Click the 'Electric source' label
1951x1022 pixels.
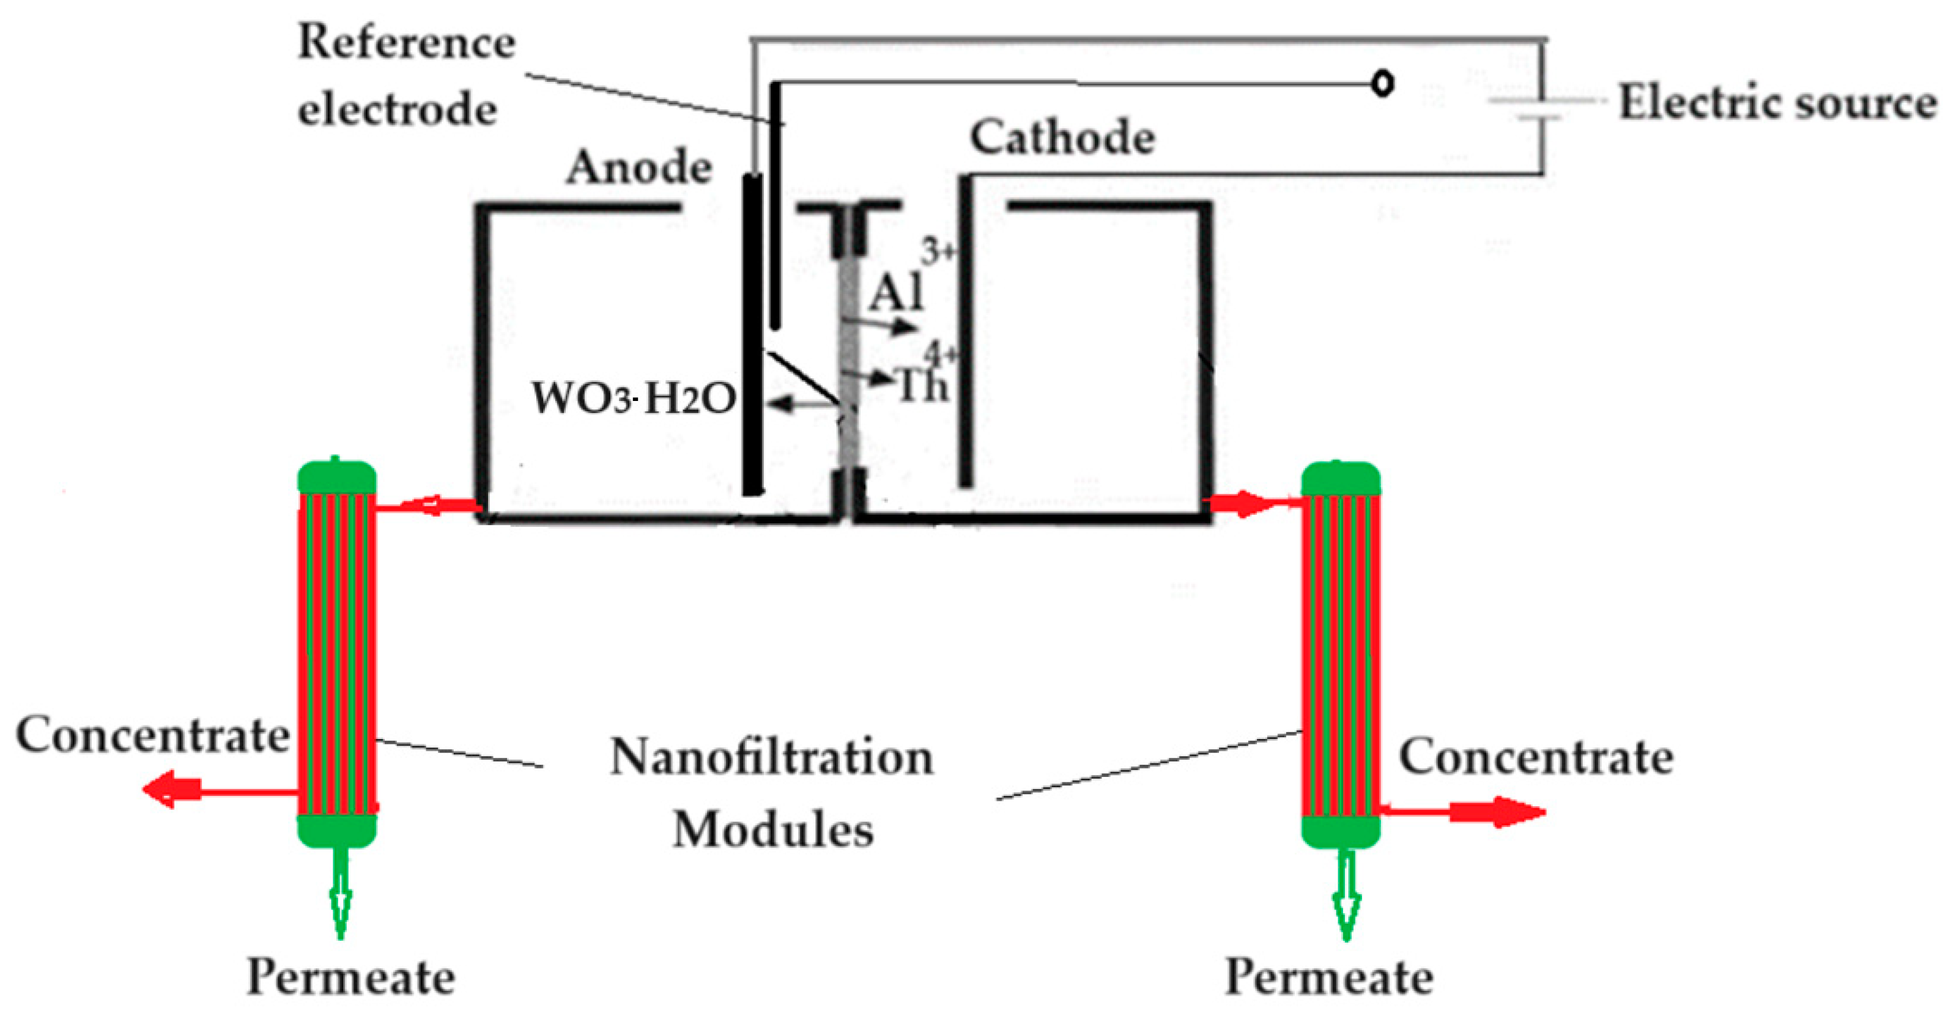point(1777,102)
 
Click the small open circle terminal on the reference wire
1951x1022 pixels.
point(1383,83)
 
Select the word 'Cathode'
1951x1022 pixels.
point(1062,138)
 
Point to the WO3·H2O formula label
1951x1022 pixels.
point(633,397)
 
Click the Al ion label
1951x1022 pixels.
point(897,292)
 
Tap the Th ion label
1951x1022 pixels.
point(922,386)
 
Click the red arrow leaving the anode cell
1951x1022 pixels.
point(432,505)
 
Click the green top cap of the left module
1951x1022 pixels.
point(337,477)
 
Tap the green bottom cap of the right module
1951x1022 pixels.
point(1341,831)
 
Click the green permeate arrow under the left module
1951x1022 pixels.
point(340,897)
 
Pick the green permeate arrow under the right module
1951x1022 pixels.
point(1346,901)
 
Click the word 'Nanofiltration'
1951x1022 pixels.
point(772,757)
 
